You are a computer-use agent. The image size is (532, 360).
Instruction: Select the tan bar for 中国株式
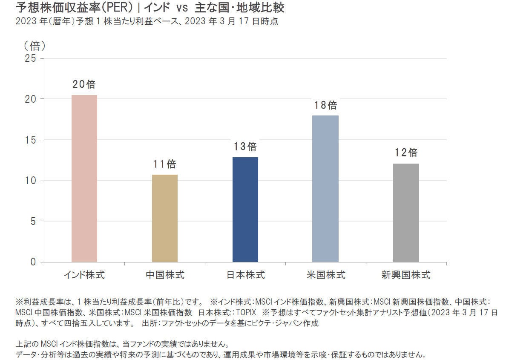click(x=165, y=218)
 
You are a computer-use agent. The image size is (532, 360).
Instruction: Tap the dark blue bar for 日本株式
click(x=245, y=210)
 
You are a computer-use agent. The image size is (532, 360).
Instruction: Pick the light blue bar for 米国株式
click(x=325, y=189)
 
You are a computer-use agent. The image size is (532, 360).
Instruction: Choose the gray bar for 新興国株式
click(x=405, y=213)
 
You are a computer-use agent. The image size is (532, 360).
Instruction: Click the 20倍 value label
click(x=84, y=84)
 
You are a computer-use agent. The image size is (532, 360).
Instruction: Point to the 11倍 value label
click(x=164, y=164)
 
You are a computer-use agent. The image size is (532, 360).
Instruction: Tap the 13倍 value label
click(x=245, y=147)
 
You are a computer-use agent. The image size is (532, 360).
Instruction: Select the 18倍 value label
click(x=325, y=105)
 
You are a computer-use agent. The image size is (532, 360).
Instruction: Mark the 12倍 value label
click(x=405, y=153)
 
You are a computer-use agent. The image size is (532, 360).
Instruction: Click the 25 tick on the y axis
click(x=31, y=58)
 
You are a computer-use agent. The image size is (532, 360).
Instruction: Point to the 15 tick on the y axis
click(x=31, y=140)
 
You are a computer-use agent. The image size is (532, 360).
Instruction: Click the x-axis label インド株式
click(x=84, y=275)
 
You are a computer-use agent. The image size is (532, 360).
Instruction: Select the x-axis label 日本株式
click(x=245, y=275)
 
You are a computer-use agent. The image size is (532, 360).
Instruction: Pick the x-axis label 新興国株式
click(x=405, y=275)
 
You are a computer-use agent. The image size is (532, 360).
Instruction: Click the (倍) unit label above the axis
click(x=35, y=46)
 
